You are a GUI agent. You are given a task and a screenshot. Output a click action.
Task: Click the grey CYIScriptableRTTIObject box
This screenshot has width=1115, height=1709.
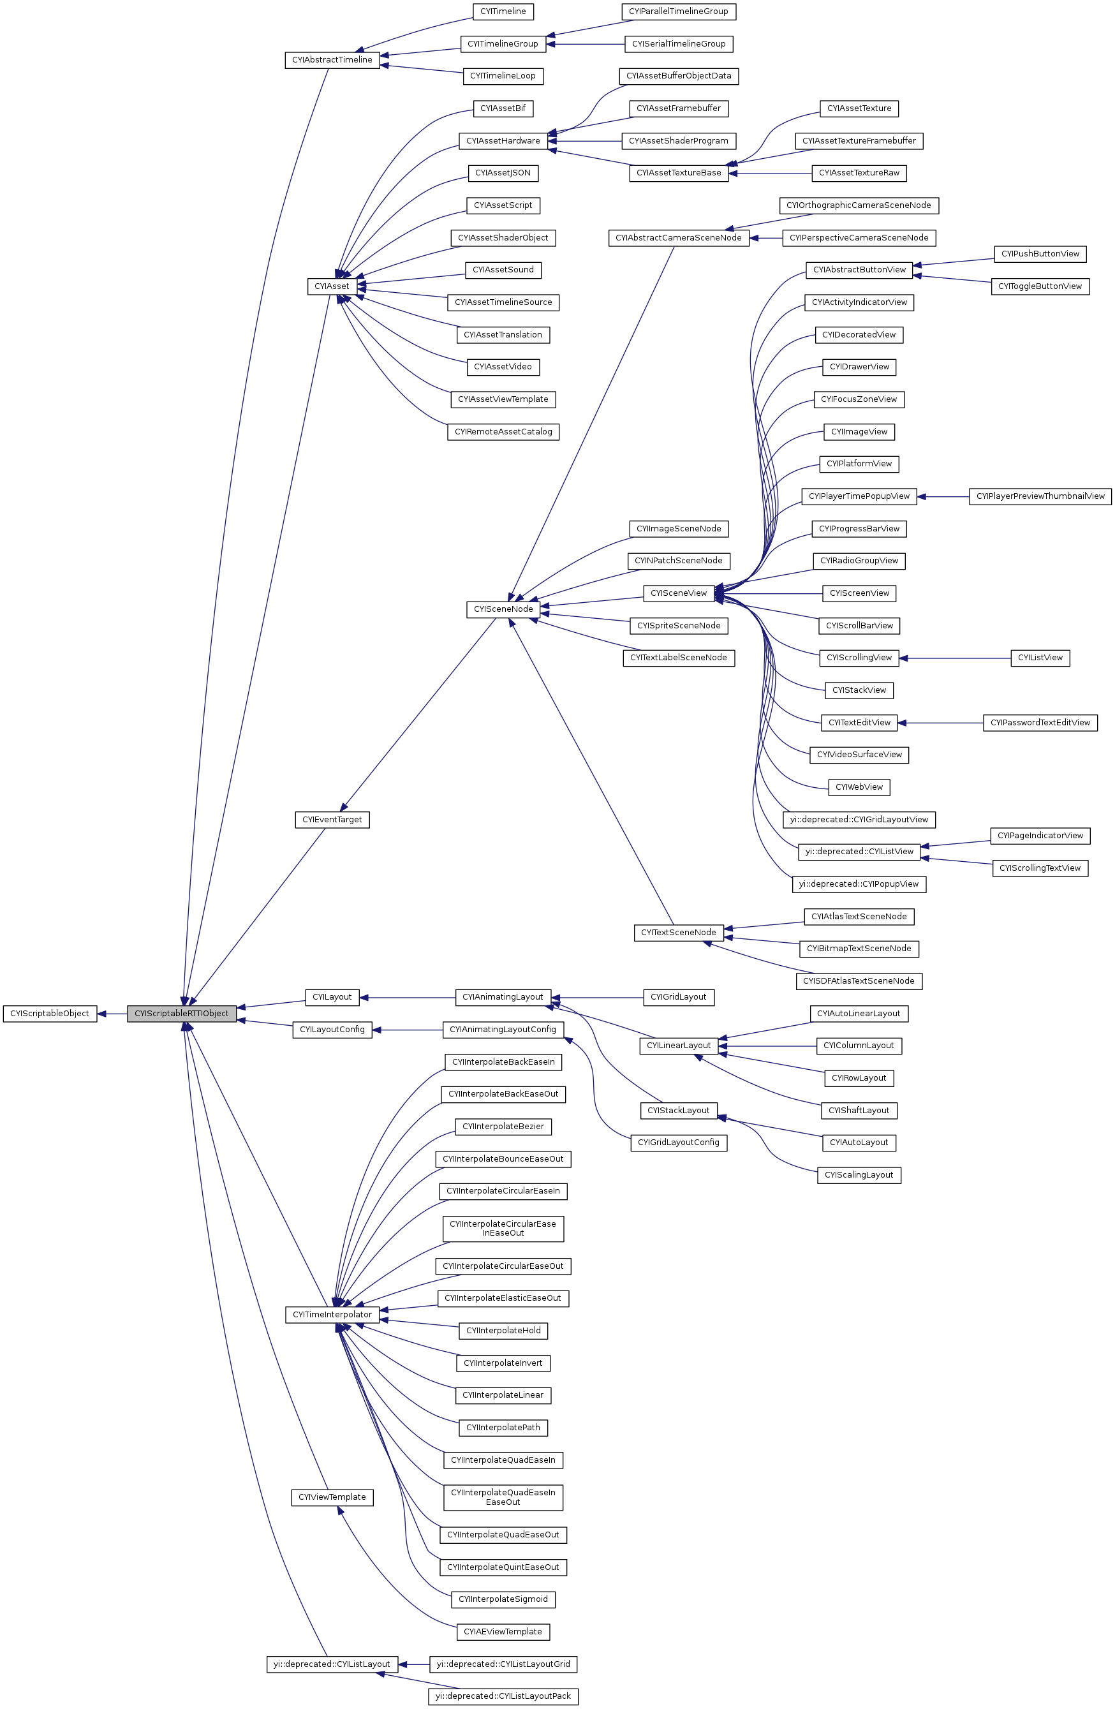point(182,1014)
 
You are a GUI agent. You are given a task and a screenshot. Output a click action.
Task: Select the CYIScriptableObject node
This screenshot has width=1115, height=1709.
point(50,1014)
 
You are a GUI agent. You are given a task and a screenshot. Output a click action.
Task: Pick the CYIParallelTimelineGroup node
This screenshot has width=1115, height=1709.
point(679,11)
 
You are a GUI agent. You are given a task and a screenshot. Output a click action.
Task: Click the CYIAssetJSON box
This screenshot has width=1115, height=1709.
point(503,173)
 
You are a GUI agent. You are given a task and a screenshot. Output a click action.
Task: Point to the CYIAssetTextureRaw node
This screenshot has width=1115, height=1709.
point(859,173)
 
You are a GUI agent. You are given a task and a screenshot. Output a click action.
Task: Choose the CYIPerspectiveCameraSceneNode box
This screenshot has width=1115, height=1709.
point(859,238)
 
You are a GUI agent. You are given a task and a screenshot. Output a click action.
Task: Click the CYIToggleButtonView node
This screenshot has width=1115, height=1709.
point(1040,286)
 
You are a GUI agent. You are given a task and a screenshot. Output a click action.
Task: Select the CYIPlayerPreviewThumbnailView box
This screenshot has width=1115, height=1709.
point(1040,496)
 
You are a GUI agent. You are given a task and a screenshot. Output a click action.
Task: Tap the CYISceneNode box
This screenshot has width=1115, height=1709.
point(503,610)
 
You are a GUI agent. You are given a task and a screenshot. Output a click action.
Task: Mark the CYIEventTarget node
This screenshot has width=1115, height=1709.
point(332,819)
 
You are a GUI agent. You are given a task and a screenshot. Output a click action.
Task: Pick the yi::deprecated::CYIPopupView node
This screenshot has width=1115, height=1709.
point(859,884)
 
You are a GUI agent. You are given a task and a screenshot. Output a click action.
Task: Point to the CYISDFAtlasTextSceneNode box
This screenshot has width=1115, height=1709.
point(859,981)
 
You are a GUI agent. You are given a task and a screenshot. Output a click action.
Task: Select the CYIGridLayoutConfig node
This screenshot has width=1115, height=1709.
point(679,1143)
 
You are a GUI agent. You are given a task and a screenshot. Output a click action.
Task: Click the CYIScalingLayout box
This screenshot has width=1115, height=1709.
point(859,1175)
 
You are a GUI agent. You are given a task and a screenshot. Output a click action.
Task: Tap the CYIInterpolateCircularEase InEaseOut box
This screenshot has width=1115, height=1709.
point(503,1228)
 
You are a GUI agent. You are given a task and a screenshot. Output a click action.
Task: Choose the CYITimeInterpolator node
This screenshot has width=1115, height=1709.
point(332,1315)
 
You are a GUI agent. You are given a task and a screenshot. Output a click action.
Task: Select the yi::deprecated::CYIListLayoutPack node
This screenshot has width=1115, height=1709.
point(503,1696)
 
